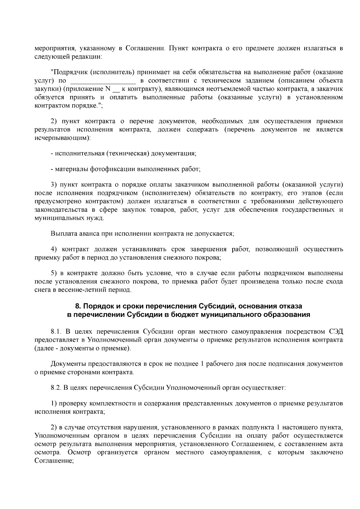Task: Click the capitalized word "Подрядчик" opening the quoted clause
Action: (69, 72)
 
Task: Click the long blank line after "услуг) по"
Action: (103, 81)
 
